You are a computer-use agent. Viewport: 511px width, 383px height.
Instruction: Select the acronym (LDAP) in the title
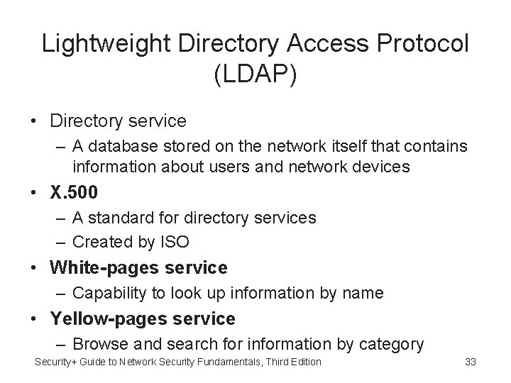tap(255, 74)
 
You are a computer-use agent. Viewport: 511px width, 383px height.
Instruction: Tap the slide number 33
tap(469, 362)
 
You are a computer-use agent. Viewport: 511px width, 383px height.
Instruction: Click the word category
tap(392, 345)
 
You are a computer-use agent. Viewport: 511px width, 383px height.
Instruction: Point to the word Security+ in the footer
tap(58, 362)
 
